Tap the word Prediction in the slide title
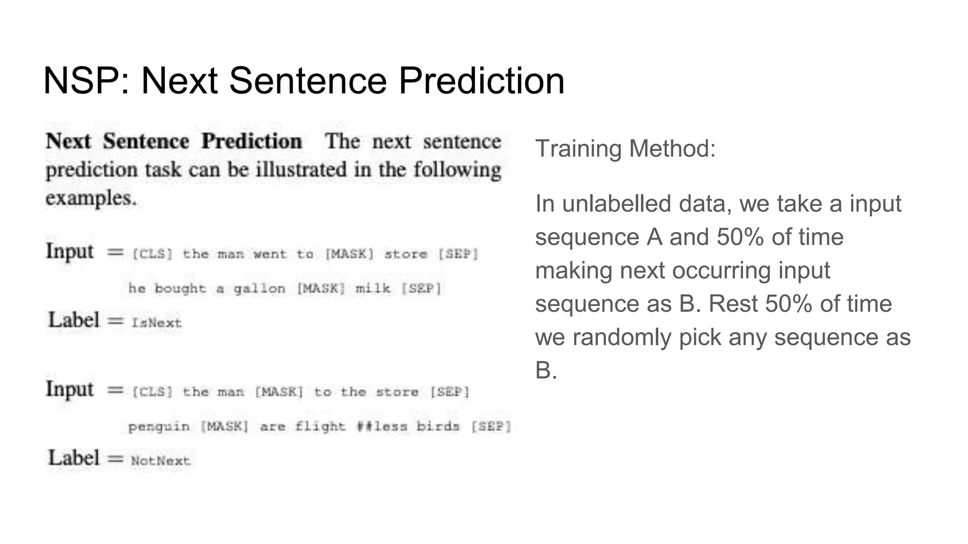[x=481, y=81]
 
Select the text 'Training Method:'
[x=625, y=149]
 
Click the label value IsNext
[x=156, y=323]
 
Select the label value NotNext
[x=161, y=461]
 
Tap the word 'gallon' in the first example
[x=259, y=289]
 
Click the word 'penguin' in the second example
[x=159, y=427]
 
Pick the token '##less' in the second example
[x=382, y=426]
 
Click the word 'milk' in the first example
[x=373, y=288]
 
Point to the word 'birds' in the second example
[x=438, y=426]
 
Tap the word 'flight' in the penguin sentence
[x=320, y=426]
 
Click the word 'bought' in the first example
[x=181, y=289]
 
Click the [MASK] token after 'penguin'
[x=224, y=426]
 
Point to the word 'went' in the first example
[x=270, y=254]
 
